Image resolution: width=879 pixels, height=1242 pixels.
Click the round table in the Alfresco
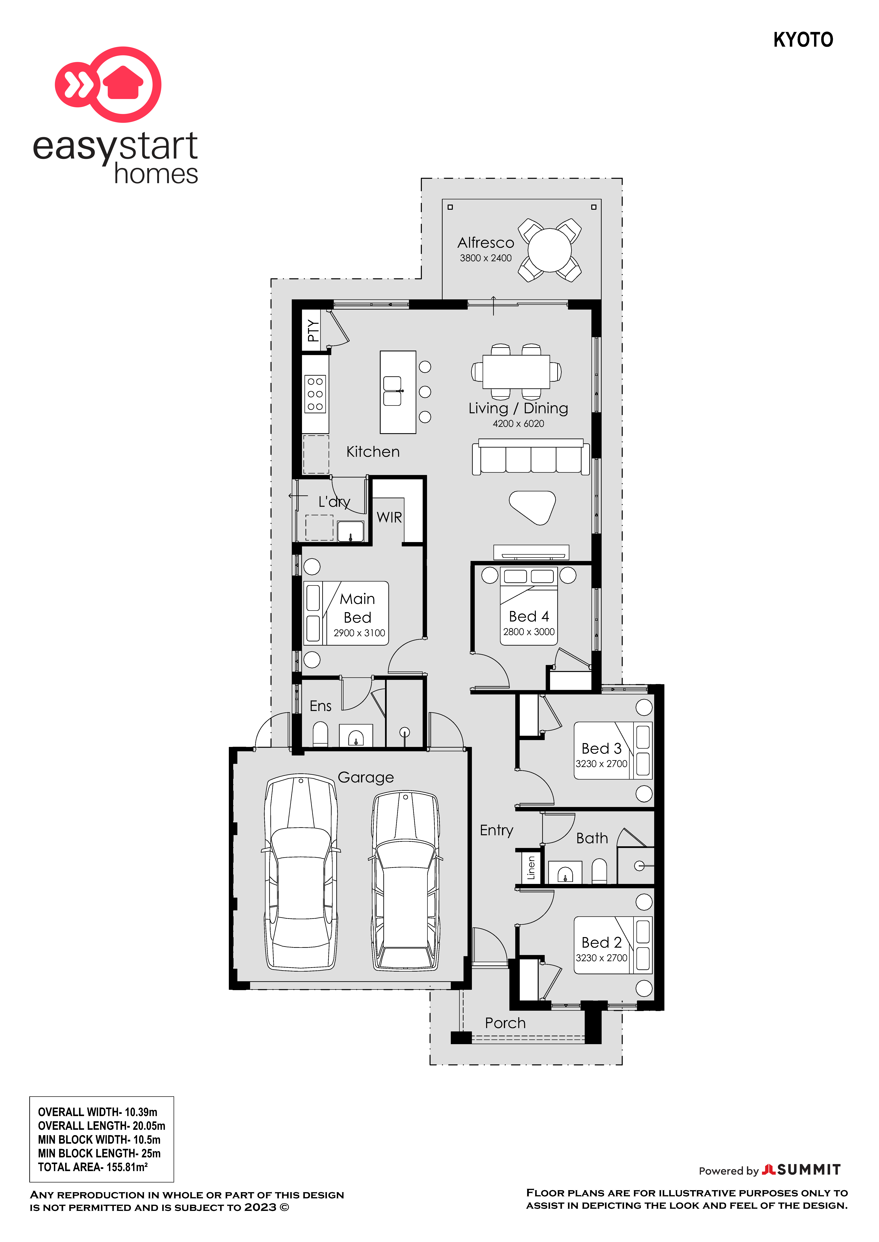point(549,250)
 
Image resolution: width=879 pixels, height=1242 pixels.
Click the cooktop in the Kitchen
point(316,394)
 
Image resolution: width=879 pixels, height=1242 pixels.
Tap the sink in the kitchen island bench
point(392,391)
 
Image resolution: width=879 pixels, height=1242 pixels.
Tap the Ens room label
point(320,706)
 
